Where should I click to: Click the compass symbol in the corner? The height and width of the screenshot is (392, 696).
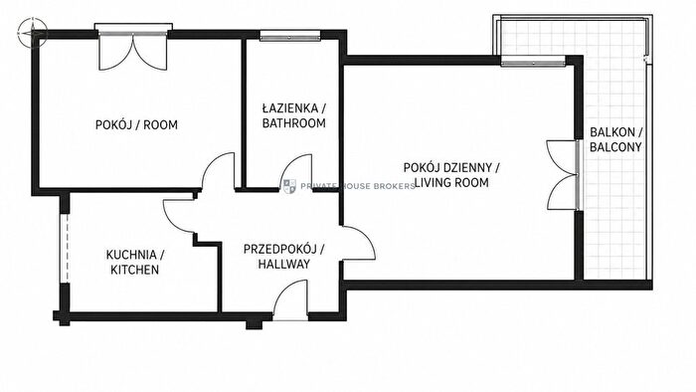click(33, 33)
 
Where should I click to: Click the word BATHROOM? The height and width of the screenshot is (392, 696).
click(294, 123)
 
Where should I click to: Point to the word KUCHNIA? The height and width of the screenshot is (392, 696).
click(131, 255)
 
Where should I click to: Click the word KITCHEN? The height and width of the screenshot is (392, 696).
click(134, 270)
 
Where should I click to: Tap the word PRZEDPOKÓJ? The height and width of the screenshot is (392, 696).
click(280, 249)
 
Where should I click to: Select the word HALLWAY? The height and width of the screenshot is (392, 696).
click(284, 264)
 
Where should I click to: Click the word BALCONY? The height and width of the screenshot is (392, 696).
click(615, 147)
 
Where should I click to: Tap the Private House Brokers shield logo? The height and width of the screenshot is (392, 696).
click(289, 186)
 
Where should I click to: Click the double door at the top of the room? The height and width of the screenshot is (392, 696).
click(132, 49)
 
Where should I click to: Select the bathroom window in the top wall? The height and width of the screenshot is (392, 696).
click(290, 36)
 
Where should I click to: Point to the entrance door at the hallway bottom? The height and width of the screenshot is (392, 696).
click(290, 300)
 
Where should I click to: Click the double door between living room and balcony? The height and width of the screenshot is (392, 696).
click(563, 175)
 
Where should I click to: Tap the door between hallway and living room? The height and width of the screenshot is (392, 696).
click(359, 244)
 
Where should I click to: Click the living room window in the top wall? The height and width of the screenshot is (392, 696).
click(533, 61)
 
